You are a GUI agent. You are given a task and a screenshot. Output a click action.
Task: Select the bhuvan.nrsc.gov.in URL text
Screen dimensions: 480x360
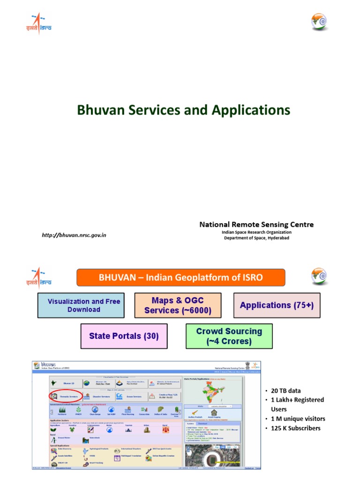tap(74, 235)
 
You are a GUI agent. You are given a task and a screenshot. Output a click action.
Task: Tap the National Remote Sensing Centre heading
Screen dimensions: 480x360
tap(256, 225)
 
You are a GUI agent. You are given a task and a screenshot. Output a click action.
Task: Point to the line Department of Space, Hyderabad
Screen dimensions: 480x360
tap(256, 239)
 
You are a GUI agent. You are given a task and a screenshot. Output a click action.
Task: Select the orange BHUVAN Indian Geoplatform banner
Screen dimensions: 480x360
tap(181, 277)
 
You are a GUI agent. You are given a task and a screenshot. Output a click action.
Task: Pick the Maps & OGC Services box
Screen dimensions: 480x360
tap(178, 305)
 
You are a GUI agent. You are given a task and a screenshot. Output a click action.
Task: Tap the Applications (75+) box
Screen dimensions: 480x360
tap(277, 305)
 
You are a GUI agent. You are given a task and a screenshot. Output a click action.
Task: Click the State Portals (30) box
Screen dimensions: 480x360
tap(124, 336)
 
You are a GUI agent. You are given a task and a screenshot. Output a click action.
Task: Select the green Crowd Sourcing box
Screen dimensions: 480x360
tap(229, 336)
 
